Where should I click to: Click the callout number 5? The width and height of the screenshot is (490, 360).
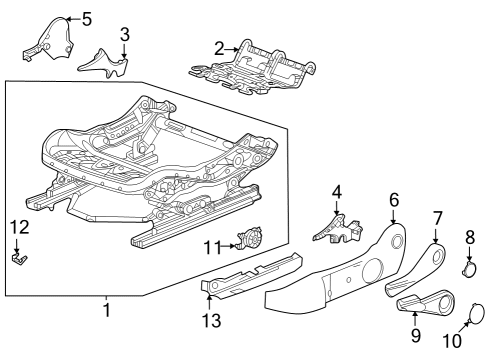86,19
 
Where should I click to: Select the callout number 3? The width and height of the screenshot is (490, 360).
125,35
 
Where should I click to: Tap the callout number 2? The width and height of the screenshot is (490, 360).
219,49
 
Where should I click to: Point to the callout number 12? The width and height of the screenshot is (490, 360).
20,227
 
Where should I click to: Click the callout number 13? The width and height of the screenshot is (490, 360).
211,321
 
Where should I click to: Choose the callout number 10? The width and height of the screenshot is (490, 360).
452,341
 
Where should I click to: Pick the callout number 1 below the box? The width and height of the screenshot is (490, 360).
107,310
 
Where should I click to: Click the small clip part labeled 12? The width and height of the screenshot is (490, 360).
20,259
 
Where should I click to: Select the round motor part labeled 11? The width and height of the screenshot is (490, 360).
250,237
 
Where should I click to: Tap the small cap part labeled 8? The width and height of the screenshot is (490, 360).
470,269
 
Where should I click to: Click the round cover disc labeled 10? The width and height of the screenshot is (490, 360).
476,313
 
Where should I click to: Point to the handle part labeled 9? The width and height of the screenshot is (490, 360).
425,302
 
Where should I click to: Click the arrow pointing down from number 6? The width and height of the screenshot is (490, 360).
394,216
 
